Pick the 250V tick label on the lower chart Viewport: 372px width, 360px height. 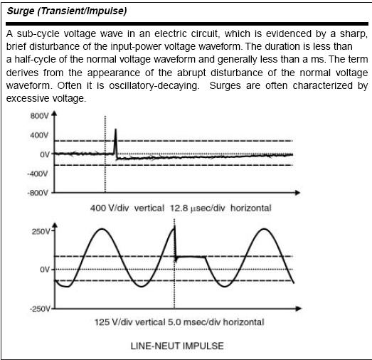click(41, 232)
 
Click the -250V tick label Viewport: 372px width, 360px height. click(39, 309)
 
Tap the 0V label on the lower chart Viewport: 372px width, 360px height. click(44, 270)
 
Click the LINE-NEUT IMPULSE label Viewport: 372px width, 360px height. click(177, 346)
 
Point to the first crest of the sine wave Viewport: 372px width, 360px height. click(102, 229)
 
